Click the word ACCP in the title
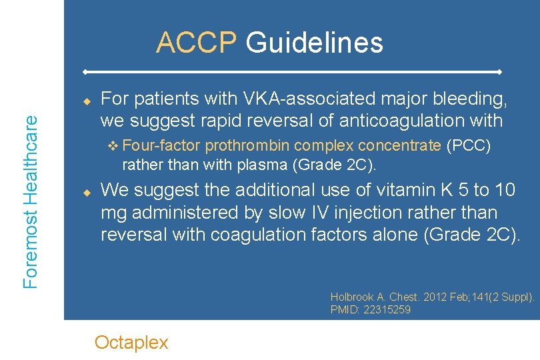click(196, 43)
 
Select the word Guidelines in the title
click(314, 43)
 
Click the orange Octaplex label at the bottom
click(131, 343)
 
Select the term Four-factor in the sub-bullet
click(162, 145)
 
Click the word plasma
click(256, 163)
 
